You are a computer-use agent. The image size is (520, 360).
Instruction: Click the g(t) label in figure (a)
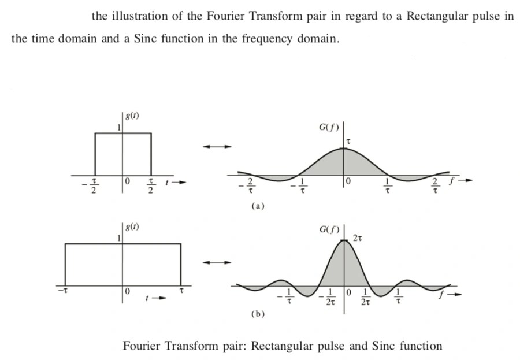point(132,116)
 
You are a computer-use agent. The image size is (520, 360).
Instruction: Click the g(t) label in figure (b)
point(132,227)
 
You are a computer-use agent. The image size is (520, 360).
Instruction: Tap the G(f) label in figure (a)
point(329,128)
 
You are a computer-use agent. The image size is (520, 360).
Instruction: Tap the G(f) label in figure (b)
point(329,229)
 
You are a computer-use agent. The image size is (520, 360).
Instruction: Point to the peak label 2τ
point(358,238)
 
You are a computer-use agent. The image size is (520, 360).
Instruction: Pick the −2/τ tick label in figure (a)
point(247,186)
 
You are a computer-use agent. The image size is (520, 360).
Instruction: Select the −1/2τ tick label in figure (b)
point(328,296)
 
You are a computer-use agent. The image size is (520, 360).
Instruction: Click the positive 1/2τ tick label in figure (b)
point(365,296)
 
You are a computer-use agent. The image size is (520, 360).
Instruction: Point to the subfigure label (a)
point(258,206)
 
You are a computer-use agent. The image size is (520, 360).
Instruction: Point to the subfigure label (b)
point(258,314)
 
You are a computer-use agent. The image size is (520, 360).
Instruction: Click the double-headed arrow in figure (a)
point(217,147)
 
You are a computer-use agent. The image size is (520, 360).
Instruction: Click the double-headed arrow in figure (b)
point(217,262)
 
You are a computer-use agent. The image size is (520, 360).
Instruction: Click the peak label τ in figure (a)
point(348,142)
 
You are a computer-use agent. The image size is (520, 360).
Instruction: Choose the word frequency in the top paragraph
point(267,39)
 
